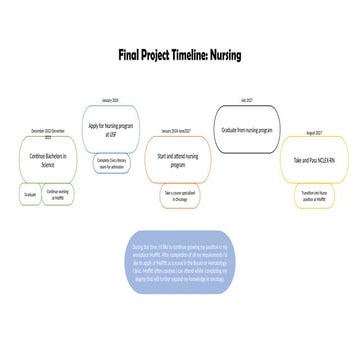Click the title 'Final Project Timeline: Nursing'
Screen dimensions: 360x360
click(x=179, y=54)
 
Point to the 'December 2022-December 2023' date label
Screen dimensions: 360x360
click(x=47, y=134)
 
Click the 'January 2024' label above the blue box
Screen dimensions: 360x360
click(x=110, y=101)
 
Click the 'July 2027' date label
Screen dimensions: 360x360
click(x=247, y=100)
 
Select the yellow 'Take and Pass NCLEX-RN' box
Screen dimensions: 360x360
click(x=313, y=159)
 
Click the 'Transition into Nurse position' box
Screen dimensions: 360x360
click(x=312, y=196)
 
